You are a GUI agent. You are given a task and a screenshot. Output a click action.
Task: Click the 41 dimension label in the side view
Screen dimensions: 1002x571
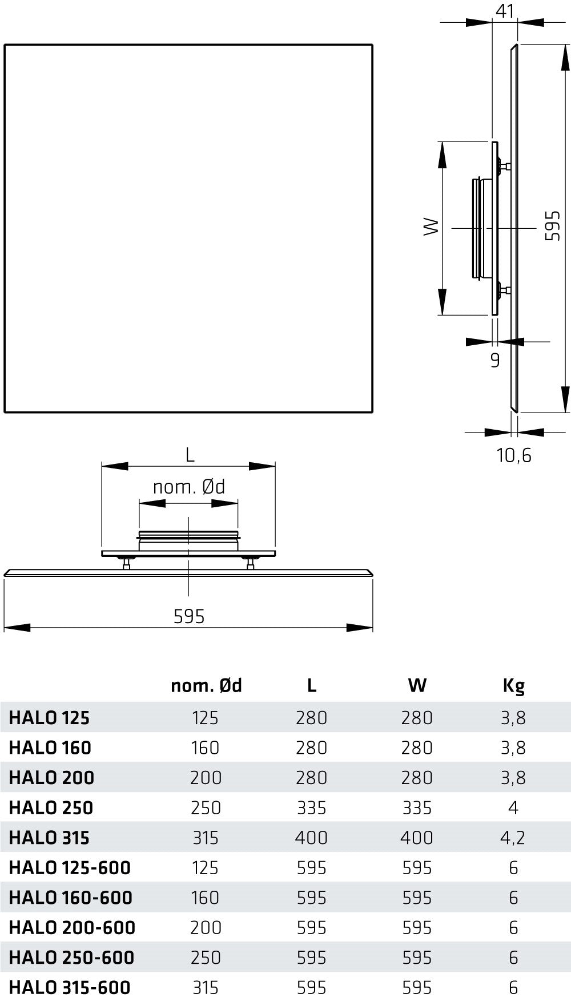tap(505, 11)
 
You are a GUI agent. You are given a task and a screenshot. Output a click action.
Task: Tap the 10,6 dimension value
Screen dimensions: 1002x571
tap(514, 455)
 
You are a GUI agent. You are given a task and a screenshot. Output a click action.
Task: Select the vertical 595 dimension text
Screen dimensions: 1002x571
tap(552, 226)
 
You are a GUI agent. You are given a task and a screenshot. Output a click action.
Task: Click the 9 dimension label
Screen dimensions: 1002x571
tap(495, 361)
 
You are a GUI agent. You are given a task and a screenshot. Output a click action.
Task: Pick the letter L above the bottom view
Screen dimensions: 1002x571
tap(190, 455)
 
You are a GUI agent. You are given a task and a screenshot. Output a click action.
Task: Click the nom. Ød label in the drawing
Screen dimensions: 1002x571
tap(189, 487)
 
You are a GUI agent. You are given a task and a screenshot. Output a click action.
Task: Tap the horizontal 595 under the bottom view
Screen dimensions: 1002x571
tap(189, 616)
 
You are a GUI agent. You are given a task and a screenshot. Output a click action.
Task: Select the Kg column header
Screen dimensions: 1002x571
tap(513, 685)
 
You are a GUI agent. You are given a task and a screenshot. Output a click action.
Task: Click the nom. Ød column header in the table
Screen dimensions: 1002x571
tap(206, 685)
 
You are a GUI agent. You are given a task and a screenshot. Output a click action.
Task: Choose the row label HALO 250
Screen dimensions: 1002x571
tap(51, 807)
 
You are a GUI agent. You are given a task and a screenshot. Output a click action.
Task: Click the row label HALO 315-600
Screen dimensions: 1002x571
tap(70, 987)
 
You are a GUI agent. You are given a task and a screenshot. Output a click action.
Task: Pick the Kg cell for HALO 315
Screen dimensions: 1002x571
tap(513, 838)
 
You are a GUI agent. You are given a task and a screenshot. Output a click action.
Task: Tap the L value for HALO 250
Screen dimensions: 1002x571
tap(311, 807)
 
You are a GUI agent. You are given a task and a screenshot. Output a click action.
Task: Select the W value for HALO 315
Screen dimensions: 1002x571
tap(417, 838)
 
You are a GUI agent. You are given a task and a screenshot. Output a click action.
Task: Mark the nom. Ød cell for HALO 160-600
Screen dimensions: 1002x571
tap(206, 898)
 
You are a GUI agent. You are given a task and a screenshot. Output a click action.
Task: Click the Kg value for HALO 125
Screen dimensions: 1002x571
tap(513, 717)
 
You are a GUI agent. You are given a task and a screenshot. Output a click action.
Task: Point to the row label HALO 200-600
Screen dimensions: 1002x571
tap(72, 927)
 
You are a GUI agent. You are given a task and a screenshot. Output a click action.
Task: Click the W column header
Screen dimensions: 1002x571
tap(417, 685)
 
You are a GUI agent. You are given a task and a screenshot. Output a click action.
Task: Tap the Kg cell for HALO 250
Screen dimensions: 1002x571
tap(513, 807)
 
